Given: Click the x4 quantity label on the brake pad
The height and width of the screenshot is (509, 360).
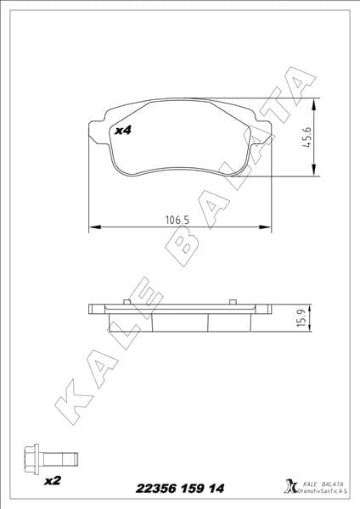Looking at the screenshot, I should point(122,131).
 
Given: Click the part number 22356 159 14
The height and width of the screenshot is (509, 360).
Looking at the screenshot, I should point(180,489).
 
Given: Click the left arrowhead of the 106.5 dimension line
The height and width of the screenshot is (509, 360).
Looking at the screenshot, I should point(93,227).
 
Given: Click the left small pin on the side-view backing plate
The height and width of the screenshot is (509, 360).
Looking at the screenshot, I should point(125,302).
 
